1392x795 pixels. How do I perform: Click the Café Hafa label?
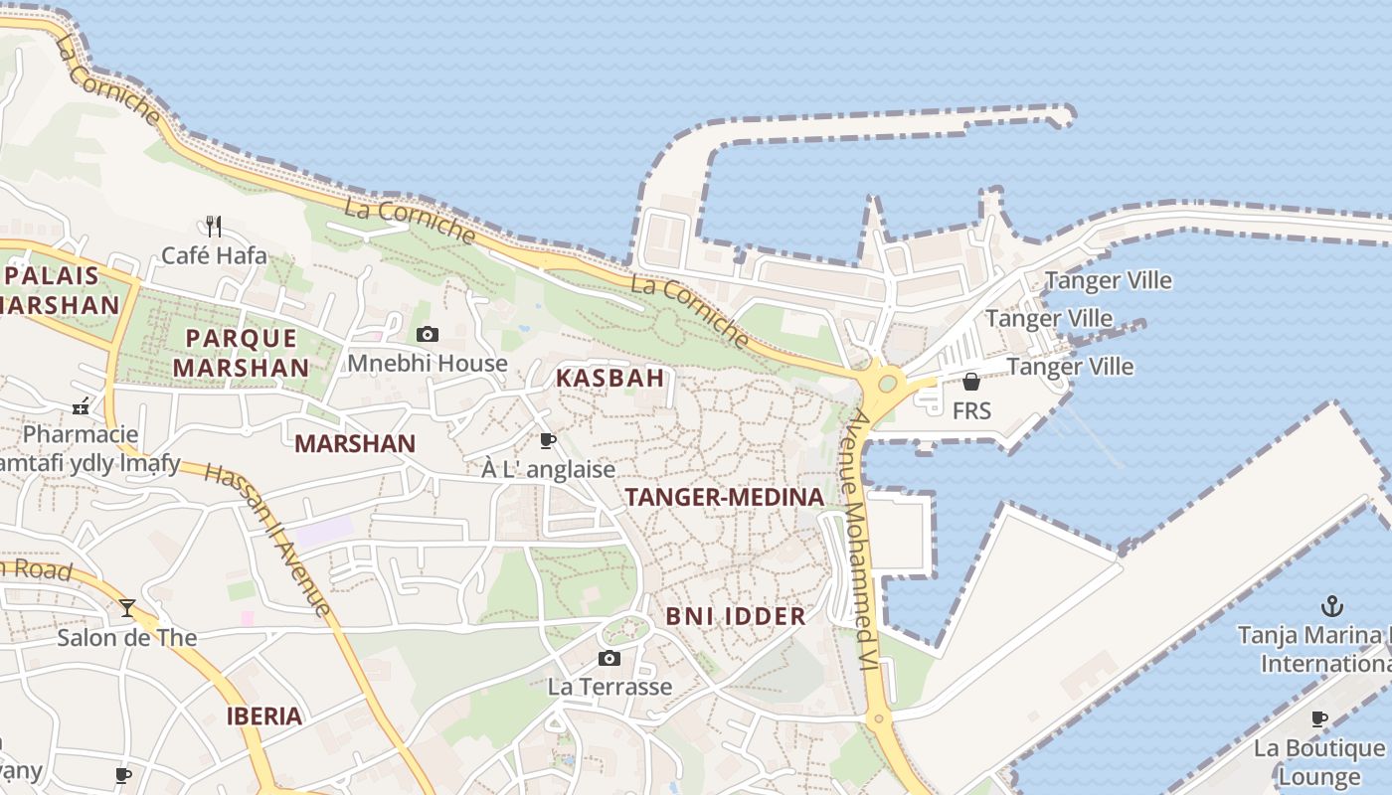[214, 255]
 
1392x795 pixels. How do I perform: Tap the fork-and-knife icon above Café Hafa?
[213, 226]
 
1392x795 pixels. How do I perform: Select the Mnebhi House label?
[427, 364]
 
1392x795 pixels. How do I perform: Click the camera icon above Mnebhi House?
[428, 334]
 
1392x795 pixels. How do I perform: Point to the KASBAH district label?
[609, 378]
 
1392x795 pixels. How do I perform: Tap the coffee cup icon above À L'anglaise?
[547, 440]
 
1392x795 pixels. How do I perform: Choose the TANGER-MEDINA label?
[724, 497]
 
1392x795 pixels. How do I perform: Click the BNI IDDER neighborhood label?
[736, 616]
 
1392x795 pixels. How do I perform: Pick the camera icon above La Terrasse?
[609, 658]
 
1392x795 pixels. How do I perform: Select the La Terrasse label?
[609, 687]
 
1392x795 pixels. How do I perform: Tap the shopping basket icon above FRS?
[971, 382]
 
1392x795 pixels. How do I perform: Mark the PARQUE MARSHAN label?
[242, 353]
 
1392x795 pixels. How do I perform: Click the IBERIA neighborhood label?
[263, 715]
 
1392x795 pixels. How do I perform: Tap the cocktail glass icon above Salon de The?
[127, 608]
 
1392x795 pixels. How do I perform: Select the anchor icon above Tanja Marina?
[1331, 605]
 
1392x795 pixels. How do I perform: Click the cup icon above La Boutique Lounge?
[1319, 718]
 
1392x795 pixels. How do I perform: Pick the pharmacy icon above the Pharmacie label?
[82, 405]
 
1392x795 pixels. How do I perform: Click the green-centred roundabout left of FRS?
[888, 384]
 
